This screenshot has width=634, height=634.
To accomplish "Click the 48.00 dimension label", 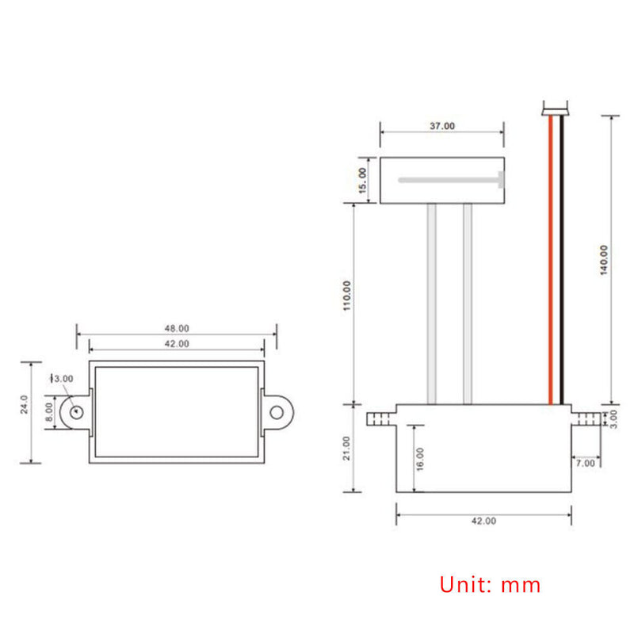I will [x=176, y=328].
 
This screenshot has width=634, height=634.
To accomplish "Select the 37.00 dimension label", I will [x=442, y=126].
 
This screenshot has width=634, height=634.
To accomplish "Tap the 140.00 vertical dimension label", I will [x=604, y=260].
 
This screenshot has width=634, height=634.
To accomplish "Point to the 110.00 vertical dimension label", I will [x=346, y=296].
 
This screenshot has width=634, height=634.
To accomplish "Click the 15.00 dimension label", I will [x=363, y=181].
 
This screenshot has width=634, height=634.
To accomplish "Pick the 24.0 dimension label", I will [x=24, y=404].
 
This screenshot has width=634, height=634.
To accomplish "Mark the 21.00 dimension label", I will [x=346, y=448].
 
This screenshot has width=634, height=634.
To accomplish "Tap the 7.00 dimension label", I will [x=586, y=462].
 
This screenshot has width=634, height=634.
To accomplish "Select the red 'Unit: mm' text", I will [x=490, y=586].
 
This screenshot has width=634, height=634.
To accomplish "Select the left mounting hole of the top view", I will [x=75, y=411].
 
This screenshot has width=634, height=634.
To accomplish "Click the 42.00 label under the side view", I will [x=483, y=521].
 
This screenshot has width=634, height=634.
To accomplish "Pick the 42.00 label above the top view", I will [x=176, y=344].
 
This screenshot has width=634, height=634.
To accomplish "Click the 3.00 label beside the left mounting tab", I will [x=63, y=379].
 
